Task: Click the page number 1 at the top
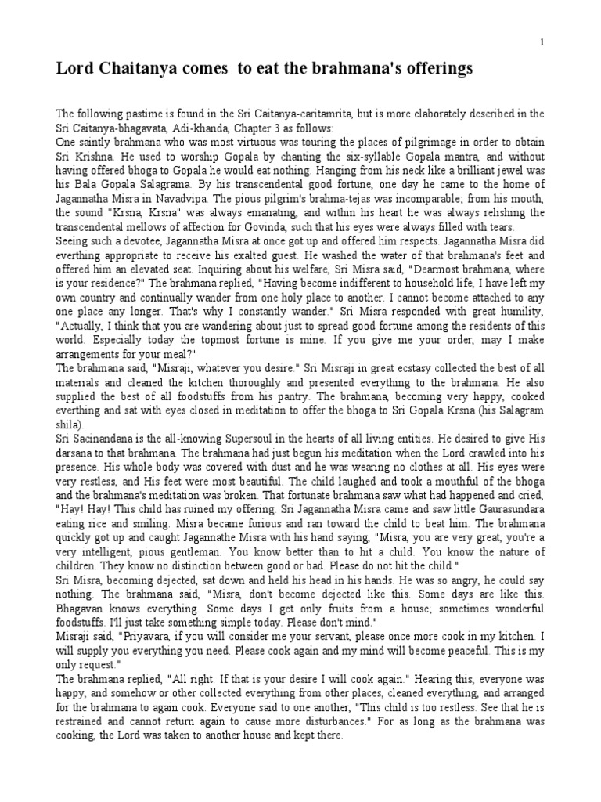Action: (542, 41)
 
